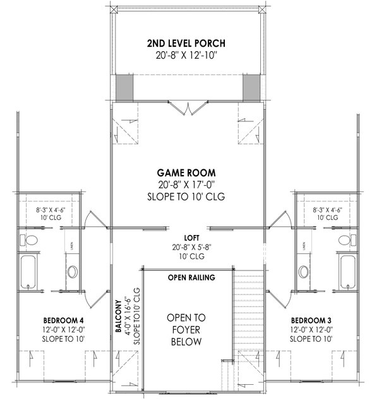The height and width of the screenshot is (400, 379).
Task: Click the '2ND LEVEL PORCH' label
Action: (187, 44)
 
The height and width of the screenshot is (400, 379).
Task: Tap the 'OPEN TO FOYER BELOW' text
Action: (186, 329)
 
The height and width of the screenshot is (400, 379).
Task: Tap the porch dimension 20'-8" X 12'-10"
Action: (187, 56)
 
